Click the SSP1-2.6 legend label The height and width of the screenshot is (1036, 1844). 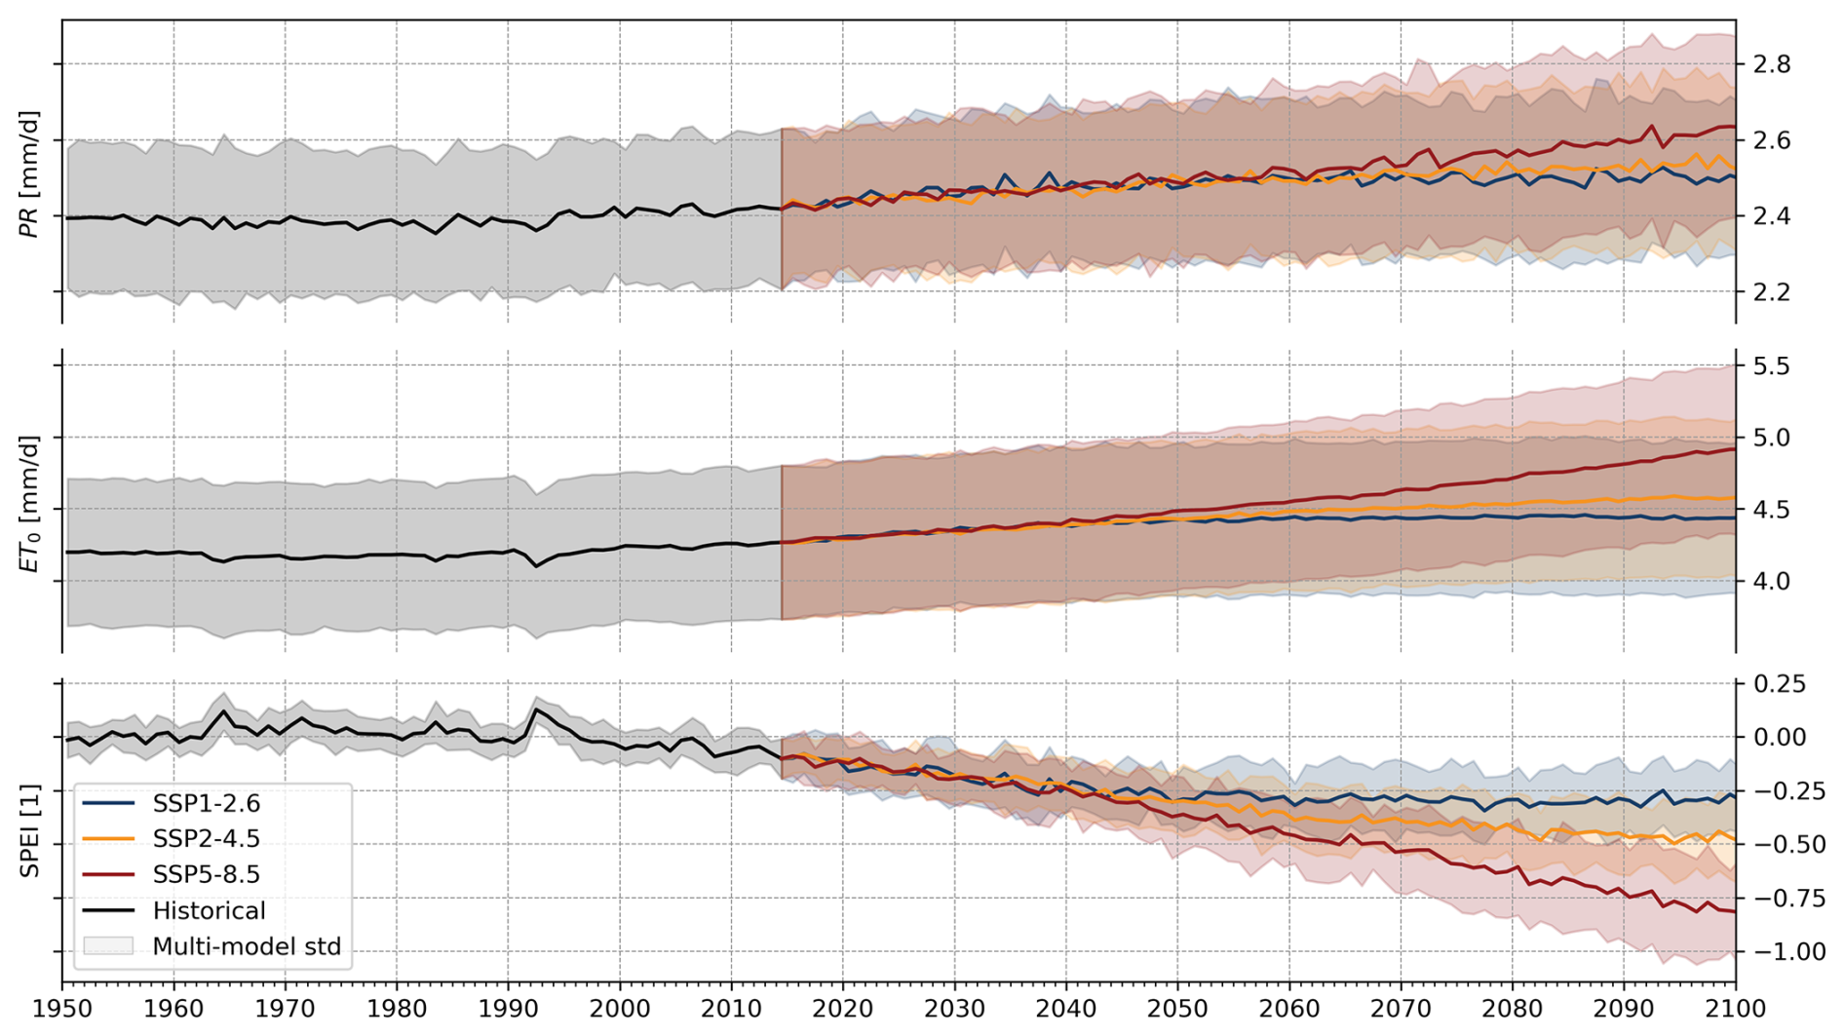click(x=206, y=804)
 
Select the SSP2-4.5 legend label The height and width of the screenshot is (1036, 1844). click(x=206, y=839)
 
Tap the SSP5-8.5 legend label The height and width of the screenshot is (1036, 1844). click(x=206, y=875)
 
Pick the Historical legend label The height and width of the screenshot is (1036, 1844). click(x=209, y=911)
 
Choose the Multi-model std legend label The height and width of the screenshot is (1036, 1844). click(x=247, y=947)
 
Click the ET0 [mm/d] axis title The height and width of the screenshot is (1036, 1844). click(x=30, y=503)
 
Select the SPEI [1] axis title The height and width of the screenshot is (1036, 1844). click(x=30, y=830)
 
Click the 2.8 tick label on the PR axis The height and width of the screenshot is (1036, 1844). click(x=1772, y=65)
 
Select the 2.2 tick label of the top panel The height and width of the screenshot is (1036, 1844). click(x=1772, y=292)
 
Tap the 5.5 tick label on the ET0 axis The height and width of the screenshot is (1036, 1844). click(x=1772, y=366)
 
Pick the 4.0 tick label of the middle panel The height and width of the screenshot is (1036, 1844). click(x=1772, y=581)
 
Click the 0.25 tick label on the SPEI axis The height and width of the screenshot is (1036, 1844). click(x=1780, y=684)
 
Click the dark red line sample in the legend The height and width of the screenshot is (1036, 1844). click(x=108, y=875)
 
